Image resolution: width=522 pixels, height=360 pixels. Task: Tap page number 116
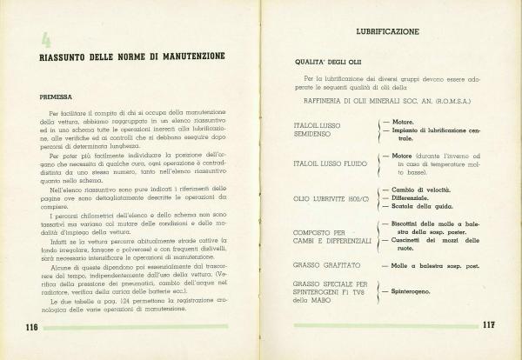pos(27,326)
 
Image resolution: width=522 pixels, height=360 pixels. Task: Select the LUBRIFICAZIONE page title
pos(387,31)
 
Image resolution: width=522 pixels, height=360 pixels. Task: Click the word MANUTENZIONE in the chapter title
pos(186,57)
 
